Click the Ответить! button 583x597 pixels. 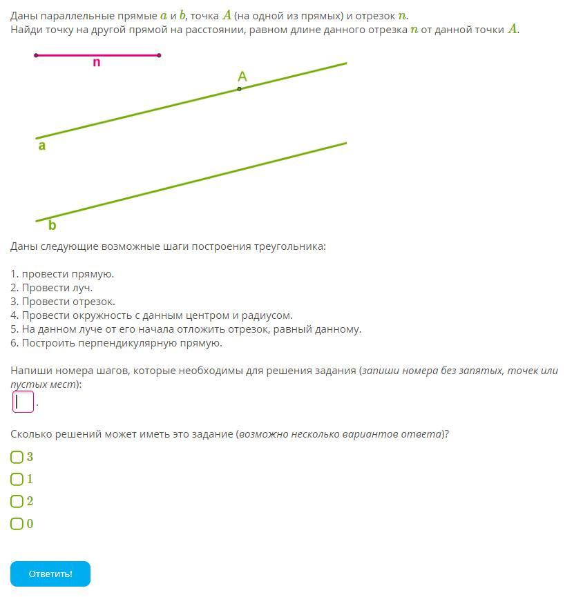(50, 574)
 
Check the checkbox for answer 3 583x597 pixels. (17, 457)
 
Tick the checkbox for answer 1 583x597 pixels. (17, 479)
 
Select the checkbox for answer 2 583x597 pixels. (17, 501)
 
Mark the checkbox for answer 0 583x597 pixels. (17, 524)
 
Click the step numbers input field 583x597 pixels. (23, 402)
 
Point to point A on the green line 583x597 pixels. (240, 89)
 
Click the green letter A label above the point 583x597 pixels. (242, 77)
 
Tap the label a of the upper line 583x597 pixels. (42, 146)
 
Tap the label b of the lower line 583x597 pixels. (52, 225)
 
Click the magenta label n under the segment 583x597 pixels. (96, 63)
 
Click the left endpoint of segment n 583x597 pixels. (36, 55)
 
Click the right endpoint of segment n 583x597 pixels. (160, 55)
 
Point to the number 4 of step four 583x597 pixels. (14, 315)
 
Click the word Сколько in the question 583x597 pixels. (31, 434)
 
